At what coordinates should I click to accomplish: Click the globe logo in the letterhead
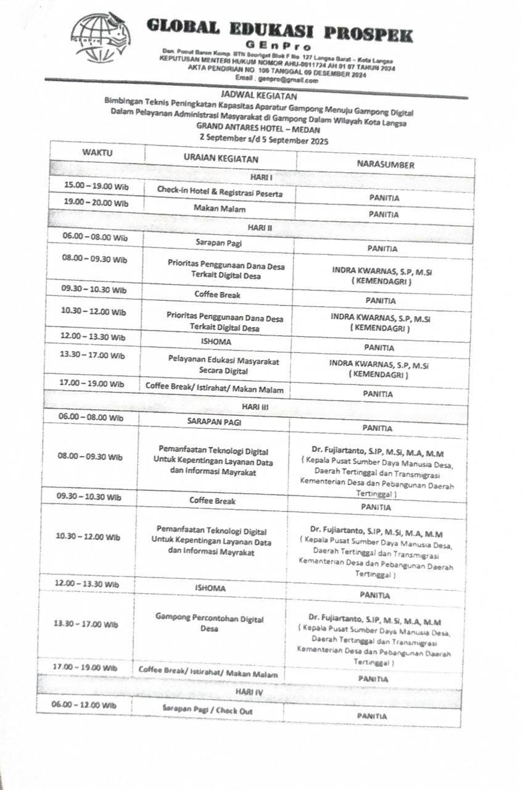(x=100, y=37)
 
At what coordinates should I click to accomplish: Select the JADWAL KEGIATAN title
(x=258, y=96)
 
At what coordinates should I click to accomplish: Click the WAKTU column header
(x=97, y=152)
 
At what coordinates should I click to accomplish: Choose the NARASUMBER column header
(x=385, y=165)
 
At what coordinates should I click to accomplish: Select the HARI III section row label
(x=255, y=407)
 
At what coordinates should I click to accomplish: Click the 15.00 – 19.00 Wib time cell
(x=96, y=185)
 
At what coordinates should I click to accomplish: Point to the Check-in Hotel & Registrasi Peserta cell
(x=220, y=193)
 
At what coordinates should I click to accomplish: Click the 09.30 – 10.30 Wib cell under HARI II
(x=94, y=289)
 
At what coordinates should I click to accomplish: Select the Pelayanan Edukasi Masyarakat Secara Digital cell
(x=215, y=365)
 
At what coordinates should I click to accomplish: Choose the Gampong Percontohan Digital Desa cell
(x=209, y=623)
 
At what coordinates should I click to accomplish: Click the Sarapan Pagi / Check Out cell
(x=207, y=710)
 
